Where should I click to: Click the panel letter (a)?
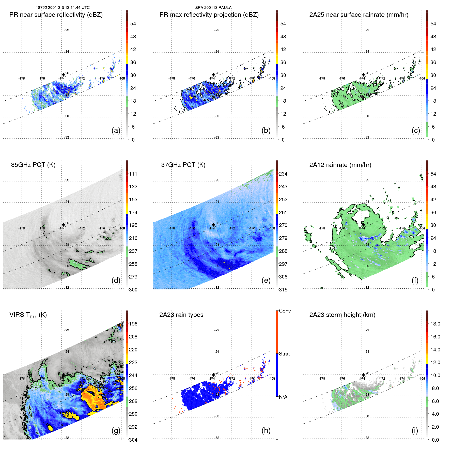pos(116,131)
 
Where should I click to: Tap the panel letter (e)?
pos(266,281)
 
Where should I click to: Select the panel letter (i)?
pos(415,430)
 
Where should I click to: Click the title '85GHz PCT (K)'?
pos(33,165)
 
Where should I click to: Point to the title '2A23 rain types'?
pos(181,315)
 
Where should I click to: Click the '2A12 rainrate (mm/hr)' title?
pos(340,165)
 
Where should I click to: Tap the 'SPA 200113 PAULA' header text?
pos(213,8)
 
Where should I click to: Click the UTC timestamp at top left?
pos(63,8)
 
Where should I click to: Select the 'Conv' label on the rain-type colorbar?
pos(285,311)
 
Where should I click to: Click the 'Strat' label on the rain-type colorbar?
pos(284,354)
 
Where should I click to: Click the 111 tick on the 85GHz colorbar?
pos(133,174)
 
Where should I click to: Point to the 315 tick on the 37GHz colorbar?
pos(283,290)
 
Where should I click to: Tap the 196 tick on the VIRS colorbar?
pos(133,324)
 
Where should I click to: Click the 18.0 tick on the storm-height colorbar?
pos(435,324)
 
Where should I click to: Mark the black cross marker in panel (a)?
pos(63,75)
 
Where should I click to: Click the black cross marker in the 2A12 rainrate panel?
pos(363,225)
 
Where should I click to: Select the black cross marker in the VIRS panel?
pos(63,375)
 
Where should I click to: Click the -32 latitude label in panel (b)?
pos(217,137)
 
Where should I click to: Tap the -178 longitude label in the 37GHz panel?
pos(172,228)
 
